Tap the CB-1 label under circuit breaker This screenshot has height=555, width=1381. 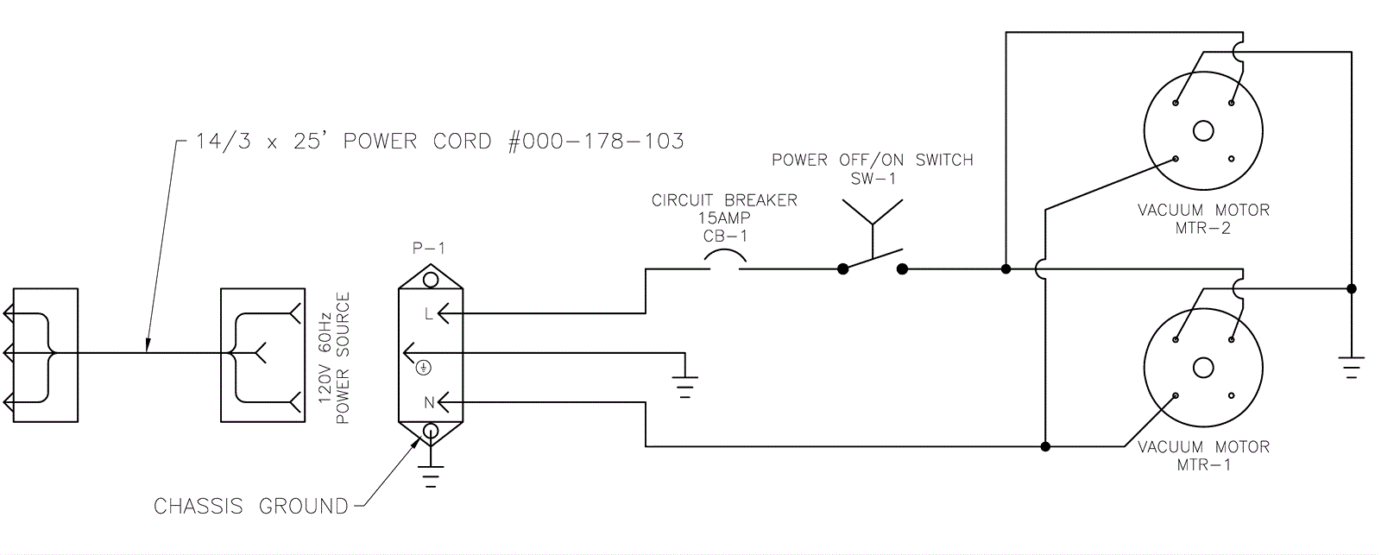click(x=724, y=236)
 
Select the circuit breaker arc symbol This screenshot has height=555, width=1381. click(x=725, y=258)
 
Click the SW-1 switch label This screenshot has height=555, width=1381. click(x=873, y=179)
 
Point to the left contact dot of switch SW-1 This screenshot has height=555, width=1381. click(x=843, y=269)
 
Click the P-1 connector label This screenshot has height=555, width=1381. click(x=430, y=249)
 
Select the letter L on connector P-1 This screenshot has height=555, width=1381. click(x=428, y=314)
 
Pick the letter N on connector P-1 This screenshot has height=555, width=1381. click(x=428, y=402)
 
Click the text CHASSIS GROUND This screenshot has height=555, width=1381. click(x=250, y=506)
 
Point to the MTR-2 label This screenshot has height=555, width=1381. click(x=1203, y=229)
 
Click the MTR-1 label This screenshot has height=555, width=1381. click(x=1203, y=465)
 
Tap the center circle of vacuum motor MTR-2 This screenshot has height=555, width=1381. click(x=1203, y=131)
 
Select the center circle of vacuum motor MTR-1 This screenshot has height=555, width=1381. click(x=1203, y=369)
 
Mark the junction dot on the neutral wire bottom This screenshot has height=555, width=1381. click(x=1045, y=447)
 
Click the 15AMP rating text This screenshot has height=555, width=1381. click(x=724, y=218)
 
